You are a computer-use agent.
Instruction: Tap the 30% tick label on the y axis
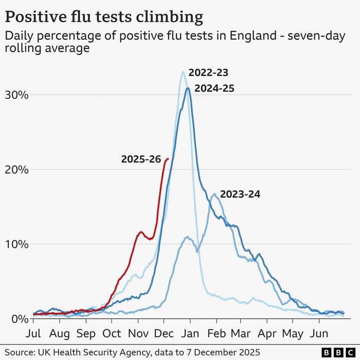pyautogui.click(x=17, y=95)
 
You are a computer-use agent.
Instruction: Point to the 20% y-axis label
pyautogui.click(x=17, y=170)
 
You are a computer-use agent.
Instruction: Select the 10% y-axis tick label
pyautogui.click(x=17, y=244)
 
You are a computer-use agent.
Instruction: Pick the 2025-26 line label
pyautogui.click(x=141, y=159)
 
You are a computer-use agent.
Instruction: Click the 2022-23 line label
pyautogui.click(x=208, y=73)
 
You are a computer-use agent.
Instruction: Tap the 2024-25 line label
pyautogui.click(x=214, y=89)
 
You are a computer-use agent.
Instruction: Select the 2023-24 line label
pyautogui.click(x=240, y=194)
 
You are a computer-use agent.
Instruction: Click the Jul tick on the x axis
pyautogui.click(x=33, y=333)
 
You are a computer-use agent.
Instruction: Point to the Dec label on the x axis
pyautogui.click(x=164, y=333)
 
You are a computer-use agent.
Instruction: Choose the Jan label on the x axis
pyautogui.click(x=190, y=333)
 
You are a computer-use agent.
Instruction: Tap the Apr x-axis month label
pyautogui.click(x=267, y=333)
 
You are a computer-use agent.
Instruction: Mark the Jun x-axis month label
pyautogui.click(x=319, y=333)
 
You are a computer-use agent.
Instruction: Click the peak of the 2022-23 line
pyautogui.click(x=183, y=72)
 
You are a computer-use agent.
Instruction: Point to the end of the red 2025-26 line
pyautogui.click(x=168, y=159)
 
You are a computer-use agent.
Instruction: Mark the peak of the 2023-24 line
pyautogui.click(x=214, y=194)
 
